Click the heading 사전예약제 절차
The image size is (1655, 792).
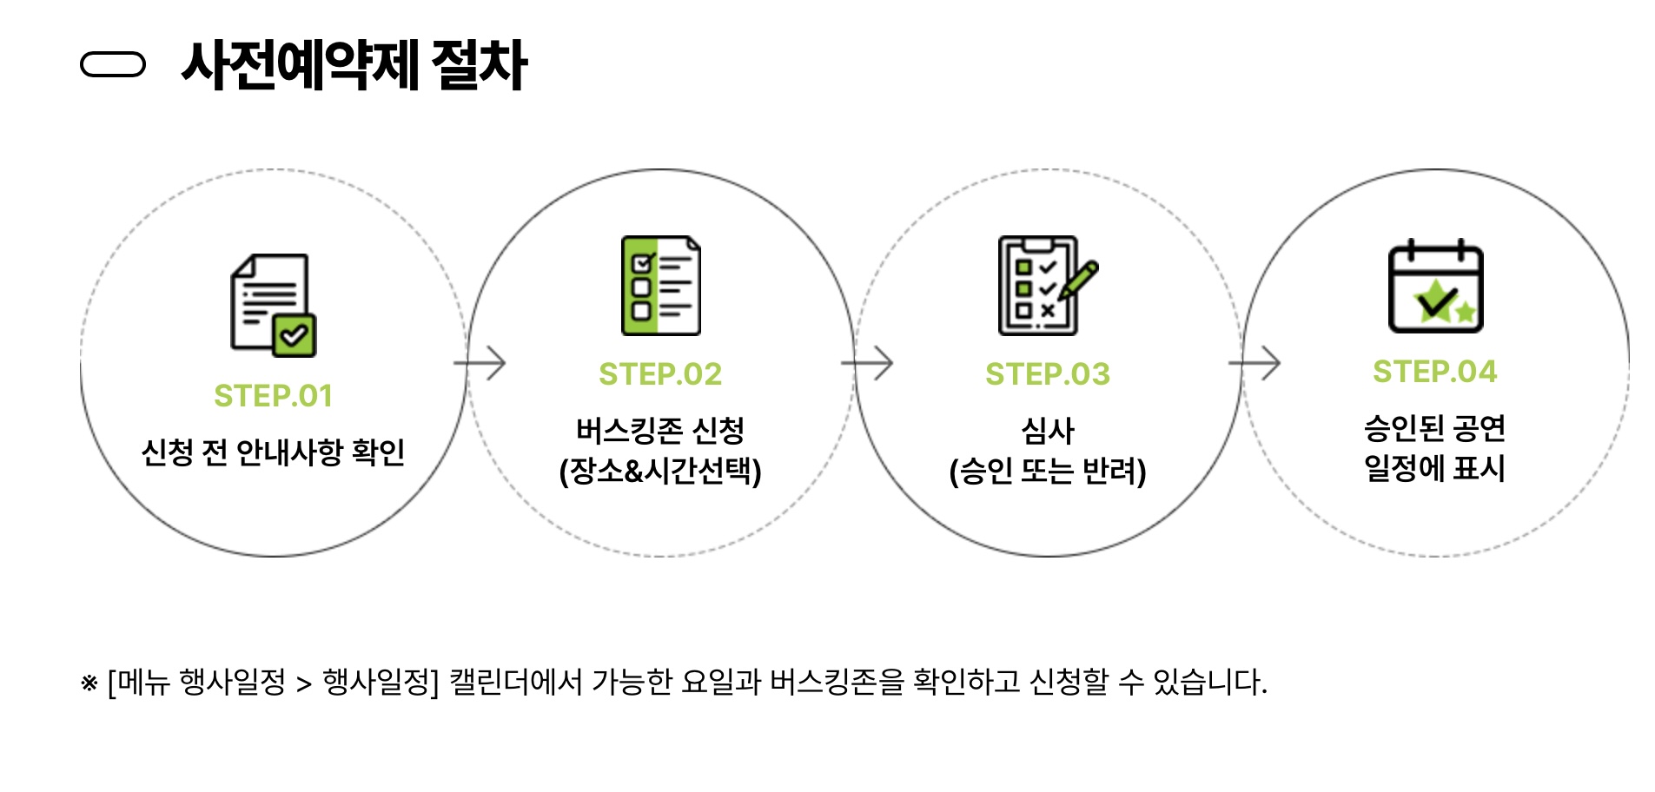pyautogui.click(x=354, y=65)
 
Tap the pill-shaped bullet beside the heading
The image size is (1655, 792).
pyautogui.click(x=112, y=65)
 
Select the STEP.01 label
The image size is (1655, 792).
pyautogui.click(x=274, y=396)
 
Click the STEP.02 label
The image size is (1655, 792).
pyautogui.click(x=660, y=374)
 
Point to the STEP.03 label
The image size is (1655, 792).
pyautogui.click(x=1048, y=374)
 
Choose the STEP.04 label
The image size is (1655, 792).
pyautogui.click(x=1435, y=372)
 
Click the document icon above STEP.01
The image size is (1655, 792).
pyautogui.click(x=273, y=305)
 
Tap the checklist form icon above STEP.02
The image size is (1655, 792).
pyautogui.click(x=661, y=286)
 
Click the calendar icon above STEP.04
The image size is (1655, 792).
pyautogui.click(x=1435, y=287)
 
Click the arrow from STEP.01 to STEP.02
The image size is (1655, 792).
pyautogui.click(x=480, y=363)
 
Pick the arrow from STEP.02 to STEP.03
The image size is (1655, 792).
pyautogui.click(x=867, y=363)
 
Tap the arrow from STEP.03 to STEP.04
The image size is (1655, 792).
pyautogui.click(x=1254, y=363)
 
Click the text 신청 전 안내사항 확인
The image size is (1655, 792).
pyautogui.click(x=274, y=452)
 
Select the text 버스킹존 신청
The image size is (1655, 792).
pyautogui.click(x=660, y=430)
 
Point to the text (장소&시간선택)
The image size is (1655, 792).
pyautogui.click(x=660, y=471)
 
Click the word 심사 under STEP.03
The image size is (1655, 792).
pyautogui.click(x=1048, y=430)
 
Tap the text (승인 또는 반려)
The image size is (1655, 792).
pyautogui.click(x=1048, y=471)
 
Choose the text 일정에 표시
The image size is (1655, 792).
pyautogui.click(x=1434, y=468)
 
